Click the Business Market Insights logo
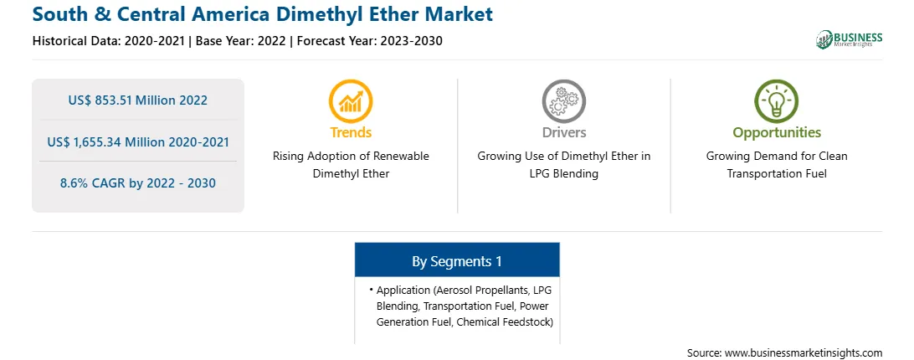(x=850, y=39)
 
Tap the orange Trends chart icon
(x=351, y=100)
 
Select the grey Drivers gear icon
(x=563, y=100)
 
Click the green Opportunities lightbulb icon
(x=777, y=100)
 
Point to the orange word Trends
(x=351, y=132)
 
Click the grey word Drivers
(x=563, y=132)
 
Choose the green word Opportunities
(x=777, y=133)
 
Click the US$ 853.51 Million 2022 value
(x=137, y=100)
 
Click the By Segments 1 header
(x=457, y=261)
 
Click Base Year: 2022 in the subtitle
(x=241, y=41)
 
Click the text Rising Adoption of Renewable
(x=351, y=157)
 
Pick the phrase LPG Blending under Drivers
(x=563, y=174)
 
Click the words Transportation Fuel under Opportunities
(x=777, y=174)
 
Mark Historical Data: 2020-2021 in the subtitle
(x=109, y=41)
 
